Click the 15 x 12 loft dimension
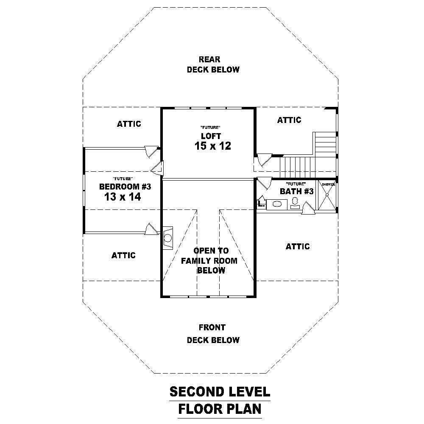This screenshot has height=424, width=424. tap(212, 146)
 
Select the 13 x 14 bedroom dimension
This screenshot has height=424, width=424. tap(123, 197)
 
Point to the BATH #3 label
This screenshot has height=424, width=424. tap(296, 192)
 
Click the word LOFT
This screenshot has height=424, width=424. tap(211, 136)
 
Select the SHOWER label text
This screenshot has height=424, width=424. tap(328, 184)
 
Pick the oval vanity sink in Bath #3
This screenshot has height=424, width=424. tap(277, 204)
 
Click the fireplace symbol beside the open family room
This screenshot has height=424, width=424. tap(167, 237)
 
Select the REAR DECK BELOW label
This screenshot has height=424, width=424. tap(213, 64)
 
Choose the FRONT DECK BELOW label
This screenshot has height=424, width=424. tap(213, 334)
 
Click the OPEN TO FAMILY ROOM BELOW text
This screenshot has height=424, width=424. tap(210, 260)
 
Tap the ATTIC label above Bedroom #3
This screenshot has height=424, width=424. tap(129, 124)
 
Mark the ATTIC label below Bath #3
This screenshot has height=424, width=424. tap(298, 246)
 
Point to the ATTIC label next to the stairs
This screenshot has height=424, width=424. tap(289, 120)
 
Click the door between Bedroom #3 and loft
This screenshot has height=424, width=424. tap(156, 168)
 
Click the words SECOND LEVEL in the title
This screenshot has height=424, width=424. tap(219, 391)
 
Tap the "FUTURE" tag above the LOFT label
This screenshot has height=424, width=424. tap(210, 128)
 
